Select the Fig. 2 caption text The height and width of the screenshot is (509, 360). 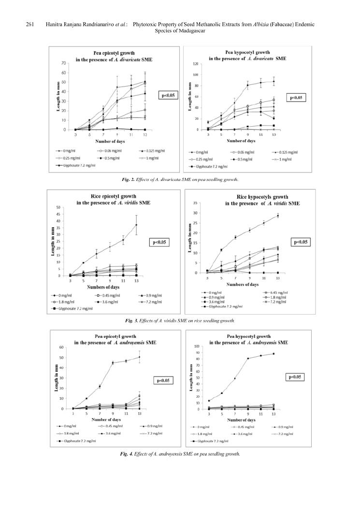[180, 179]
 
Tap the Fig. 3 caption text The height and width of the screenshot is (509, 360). [179, 320]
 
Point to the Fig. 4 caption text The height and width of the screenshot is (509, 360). [180, 454]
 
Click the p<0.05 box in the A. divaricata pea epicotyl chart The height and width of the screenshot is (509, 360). [169, 96]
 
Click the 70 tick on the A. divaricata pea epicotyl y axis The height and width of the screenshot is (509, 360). [64, 63]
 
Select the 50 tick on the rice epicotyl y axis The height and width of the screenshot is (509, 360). [59, 207]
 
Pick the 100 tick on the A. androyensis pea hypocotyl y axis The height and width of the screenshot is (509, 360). [195, 346]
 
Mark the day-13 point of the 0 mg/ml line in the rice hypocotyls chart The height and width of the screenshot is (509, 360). [278, 216]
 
